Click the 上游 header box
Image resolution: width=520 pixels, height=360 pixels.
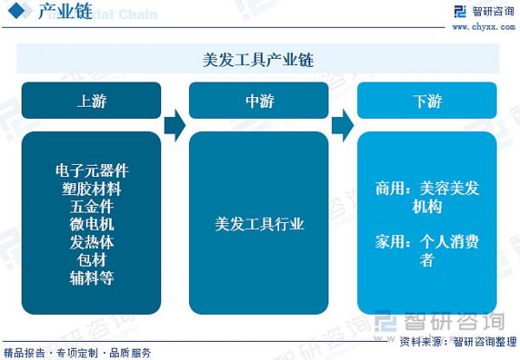pos(91,101)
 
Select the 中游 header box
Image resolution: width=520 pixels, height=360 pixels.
pos(258,101)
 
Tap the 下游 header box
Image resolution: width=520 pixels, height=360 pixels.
pos(426,101)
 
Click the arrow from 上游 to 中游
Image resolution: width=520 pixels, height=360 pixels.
pos(175,126)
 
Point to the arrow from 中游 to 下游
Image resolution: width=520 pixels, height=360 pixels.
pos(343,126)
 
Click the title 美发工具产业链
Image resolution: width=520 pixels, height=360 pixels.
pos(258,60)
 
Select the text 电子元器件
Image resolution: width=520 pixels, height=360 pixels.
pos(92,171)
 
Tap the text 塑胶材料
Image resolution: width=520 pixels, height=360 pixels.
pos(92,189)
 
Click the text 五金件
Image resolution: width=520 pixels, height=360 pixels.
pos(92,206)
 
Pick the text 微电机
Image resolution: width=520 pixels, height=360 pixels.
pos(92,225)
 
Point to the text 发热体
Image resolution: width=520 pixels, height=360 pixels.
pos(92,242)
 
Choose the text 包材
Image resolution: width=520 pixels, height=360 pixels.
pos(92,260)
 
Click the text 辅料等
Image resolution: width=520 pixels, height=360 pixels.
pos(92,278)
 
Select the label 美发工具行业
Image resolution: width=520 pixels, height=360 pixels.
pos(259,225)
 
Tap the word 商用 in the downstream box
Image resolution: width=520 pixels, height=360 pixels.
pos(390,188)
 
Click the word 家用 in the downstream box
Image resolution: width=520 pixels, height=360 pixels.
pos(390,241)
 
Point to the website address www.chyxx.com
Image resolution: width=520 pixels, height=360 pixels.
pos(484,27)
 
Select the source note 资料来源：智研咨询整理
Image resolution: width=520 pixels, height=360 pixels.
pos(458,342)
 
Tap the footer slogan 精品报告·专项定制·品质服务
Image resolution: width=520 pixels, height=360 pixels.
pos(77,353)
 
